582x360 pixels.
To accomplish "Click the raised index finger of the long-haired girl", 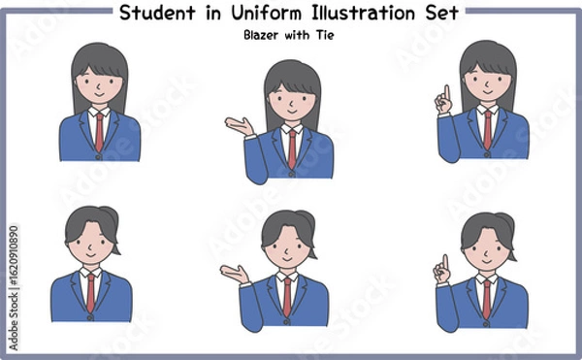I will click(445, 91).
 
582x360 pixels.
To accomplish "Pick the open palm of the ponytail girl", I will click(233, 272).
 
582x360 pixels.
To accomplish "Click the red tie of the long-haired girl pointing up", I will click(487, 129).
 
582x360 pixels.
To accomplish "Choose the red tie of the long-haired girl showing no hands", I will click(99, 130).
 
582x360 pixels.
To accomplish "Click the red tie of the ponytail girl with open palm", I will click(287, 296).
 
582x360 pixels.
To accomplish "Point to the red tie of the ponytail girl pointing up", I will click(486, 297).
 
